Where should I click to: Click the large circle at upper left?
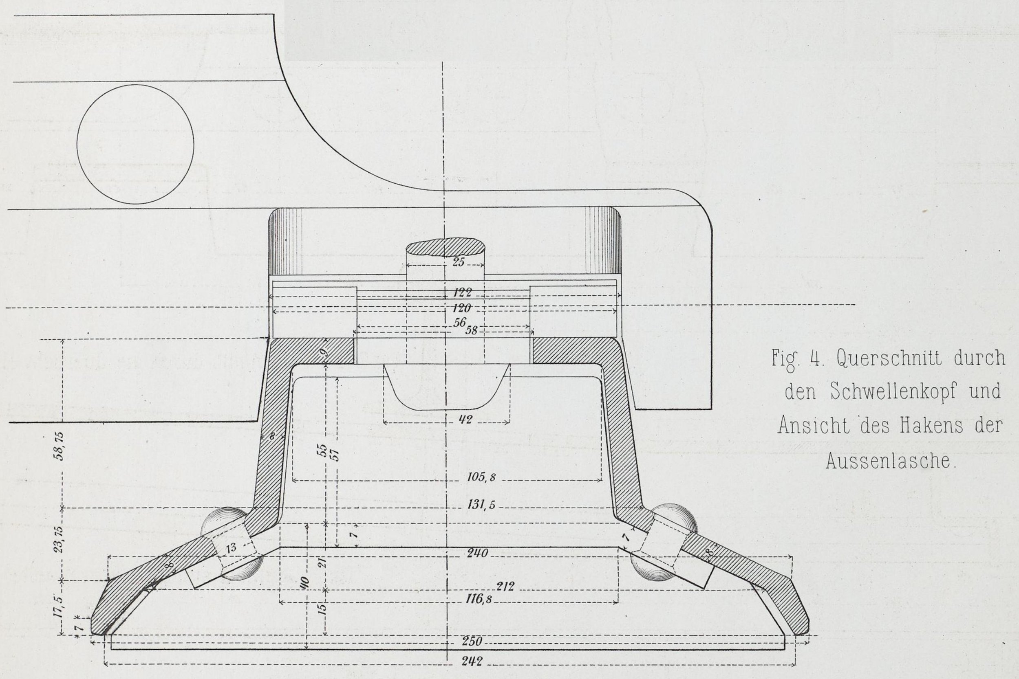tap(135, 144)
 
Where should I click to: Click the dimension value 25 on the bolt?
tap(458, 261)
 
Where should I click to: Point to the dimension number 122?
tap(462, 293)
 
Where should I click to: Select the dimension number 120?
tap(462, 309)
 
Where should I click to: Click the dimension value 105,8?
tap(481, 477)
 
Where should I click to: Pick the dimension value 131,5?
tap(481, 505)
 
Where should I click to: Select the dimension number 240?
tap(477, 554)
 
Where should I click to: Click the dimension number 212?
tap(505, 587)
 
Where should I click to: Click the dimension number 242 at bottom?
tap(471, 663)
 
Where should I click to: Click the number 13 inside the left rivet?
tap(232, 548)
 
